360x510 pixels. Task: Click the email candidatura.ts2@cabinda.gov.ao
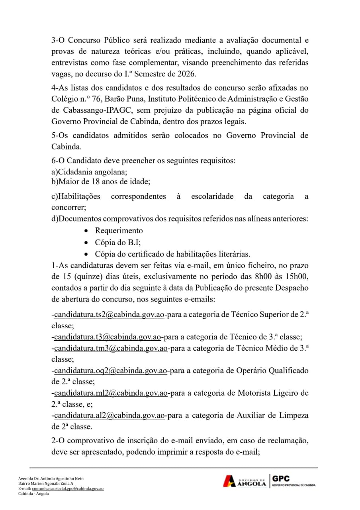tap(110, 314)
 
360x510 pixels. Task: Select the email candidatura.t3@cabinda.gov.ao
tap(108, 337)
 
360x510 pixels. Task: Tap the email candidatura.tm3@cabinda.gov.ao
tap(111, 348)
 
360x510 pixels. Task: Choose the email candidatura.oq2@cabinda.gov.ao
tap(110, 371)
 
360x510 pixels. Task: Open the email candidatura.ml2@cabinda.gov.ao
tap(110, 393)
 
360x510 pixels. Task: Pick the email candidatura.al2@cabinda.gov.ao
tap(110, 415)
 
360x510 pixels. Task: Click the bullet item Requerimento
tap(119, 231)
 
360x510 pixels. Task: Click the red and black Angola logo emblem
tap(230, 481)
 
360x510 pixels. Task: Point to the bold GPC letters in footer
tap(281, 479)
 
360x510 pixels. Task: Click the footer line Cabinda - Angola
tap(33, 493)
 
